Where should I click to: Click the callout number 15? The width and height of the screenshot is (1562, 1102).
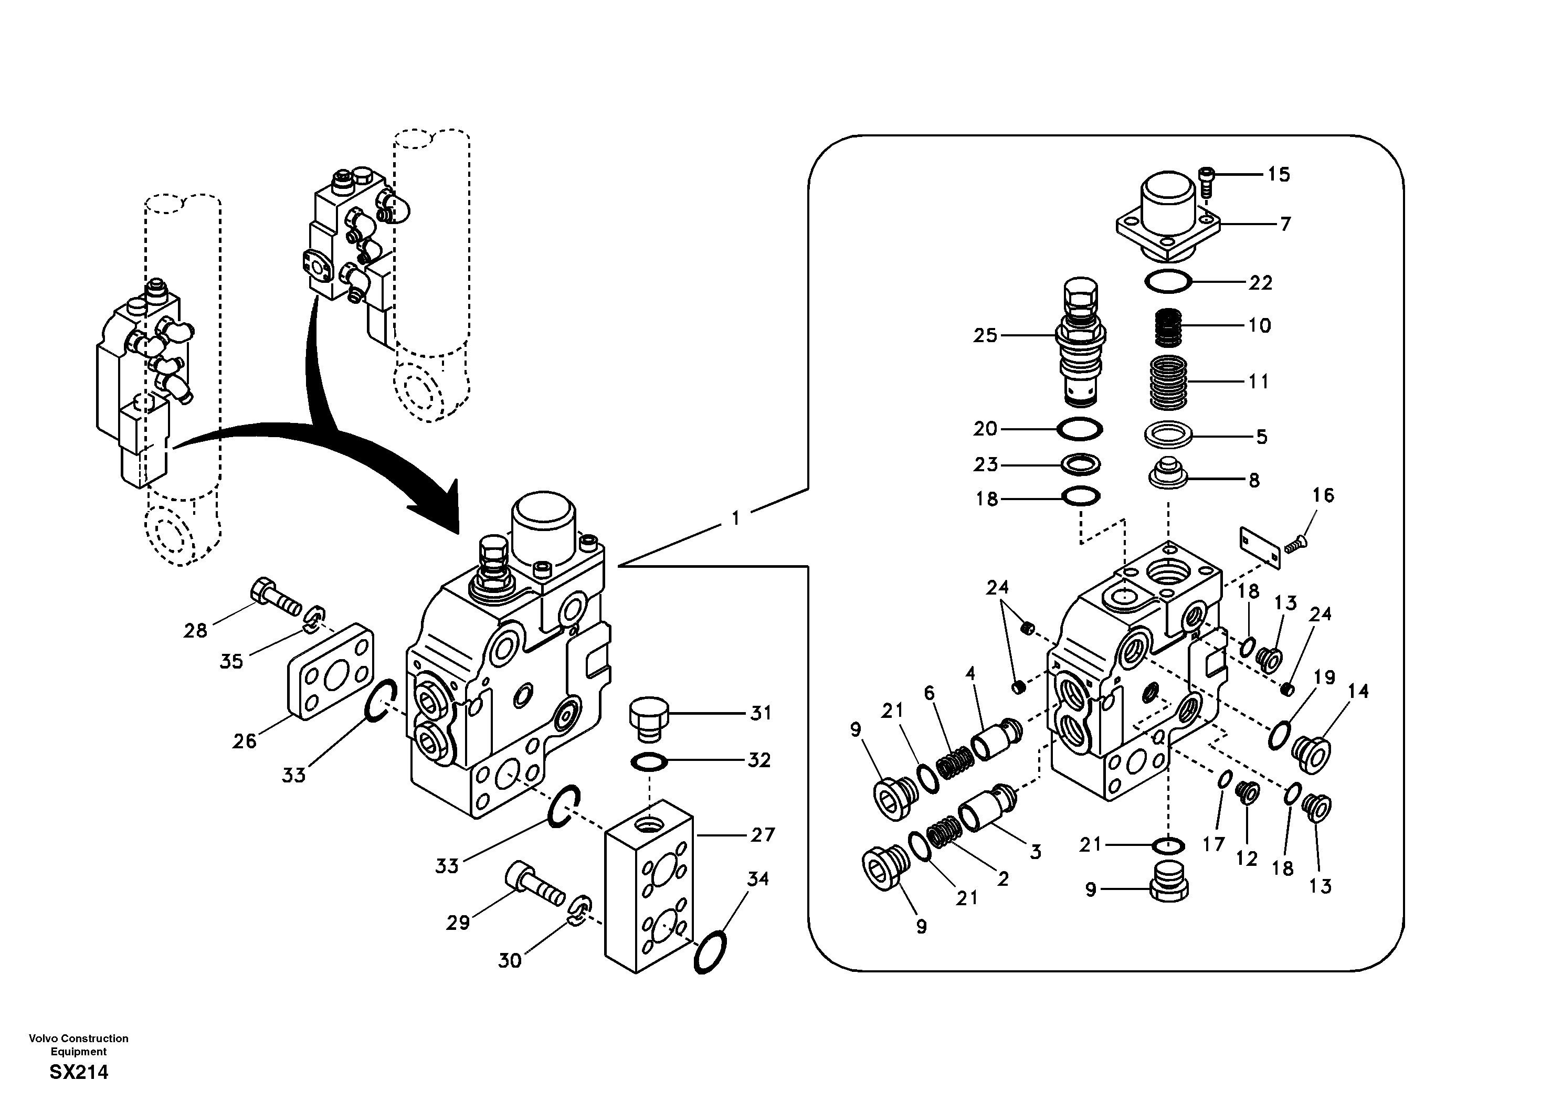point(1278,174)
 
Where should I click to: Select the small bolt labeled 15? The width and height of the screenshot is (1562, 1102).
point(1206,181)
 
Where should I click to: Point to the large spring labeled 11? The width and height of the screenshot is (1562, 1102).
point(1168,383)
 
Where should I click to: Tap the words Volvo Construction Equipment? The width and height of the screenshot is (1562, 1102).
point(79,1044)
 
